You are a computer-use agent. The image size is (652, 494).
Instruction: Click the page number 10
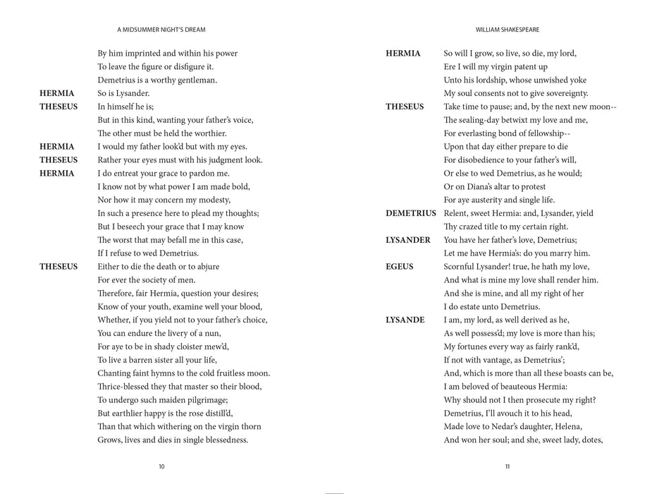click(x=161, y=466)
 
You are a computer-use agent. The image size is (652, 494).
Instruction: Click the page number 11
click(x=508, y=466)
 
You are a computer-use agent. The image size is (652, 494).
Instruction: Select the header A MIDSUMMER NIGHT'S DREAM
click(x=161, y=30)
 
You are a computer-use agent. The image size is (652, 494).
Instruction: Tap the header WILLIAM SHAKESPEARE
click(x=508, y=30)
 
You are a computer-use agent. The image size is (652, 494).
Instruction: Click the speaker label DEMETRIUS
click(x=410, y=213)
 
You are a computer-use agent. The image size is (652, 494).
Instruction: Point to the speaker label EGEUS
click(x=400, y=267)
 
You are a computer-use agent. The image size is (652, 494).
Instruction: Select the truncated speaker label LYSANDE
click(x=405, y=320)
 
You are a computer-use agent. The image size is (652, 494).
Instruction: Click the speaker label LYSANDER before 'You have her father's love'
click(x=408, y=240)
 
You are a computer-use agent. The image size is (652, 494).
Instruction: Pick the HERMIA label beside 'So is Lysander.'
click(x=56, y=93)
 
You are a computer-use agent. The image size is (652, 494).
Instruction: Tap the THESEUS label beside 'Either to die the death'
click(x=59, y=267)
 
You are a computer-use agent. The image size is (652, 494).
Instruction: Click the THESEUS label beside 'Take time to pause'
click(x=405, y=107)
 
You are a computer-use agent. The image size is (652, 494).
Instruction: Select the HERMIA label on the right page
click(x=403, y=54)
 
